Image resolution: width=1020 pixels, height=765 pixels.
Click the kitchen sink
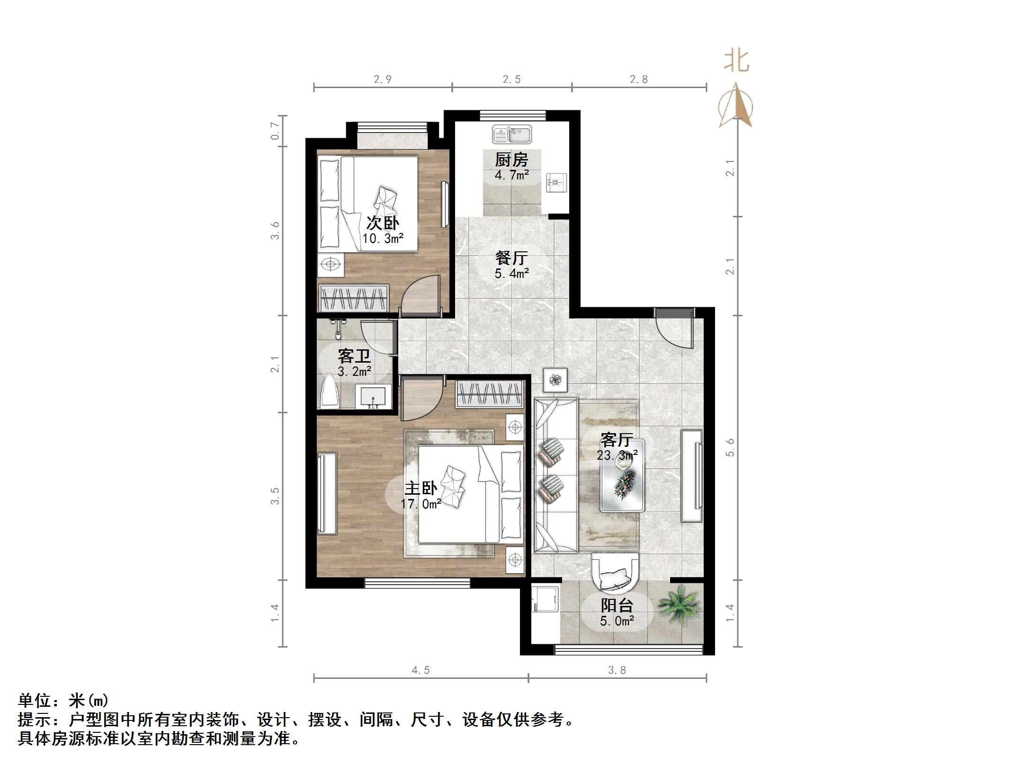tap(511, 134)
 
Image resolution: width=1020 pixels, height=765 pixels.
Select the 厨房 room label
tap(511, 160)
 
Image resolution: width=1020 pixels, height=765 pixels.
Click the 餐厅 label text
tap(511, 258)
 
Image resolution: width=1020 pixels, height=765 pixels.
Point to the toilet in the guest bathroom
tap(330, 391)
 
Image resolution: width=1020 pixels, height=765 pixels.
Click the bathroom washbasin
tap(374, 397)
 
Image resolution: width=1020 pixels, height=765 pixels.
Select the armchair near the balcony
tap(615, 574)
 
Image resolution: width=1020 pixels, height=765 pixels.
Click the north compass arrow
tap(735, 105)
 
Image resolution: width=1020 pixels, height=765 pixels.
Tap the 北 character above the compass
tap(736, 62)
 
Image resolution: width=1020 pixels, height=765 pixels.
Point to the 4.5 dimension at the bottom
tap(421, 670)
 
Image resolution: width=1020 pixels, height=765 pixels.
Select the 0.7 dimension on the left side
tap(275, 131)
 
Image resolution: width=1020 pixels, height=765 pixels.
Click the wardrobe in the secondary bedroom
tap(354, 298)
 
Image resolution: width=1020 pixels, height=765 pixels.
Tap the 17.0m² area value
tap(421, 504)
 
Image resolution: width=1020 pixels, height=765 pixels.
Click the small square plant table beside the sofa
tap(555, 380)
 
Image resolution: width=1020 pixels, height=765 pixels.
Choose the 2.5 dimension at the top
tap(511, 80)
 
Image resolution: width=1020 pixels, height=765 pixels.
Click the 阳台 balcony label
tap(617, 605)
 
